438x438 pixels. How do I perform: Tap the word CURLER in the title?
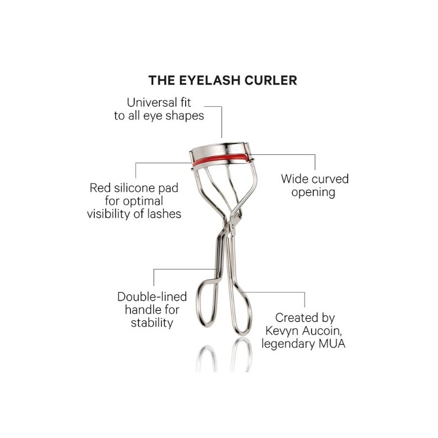tap(271, 80)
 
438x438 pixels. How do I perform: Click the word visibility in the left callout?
tap(108, 214)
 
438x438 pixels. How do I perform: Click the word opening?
tap(313, 193)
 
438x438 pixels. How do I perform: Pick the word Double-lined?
tap(152, 297)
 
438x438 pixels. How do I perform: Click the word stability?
tap(152, 323)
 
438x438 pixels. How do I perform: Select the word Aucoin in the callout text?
tap(321, 331)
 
